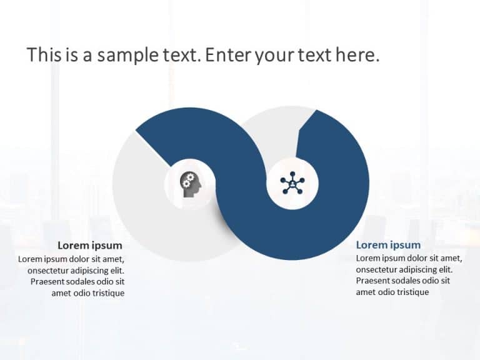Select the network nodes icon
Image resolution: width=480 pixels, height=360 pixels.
292,184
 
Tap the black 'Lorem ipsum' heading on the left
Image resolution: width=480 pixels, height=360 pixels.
89,245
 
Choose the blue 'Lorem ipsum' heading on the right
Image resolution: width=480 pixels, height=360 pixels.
388,245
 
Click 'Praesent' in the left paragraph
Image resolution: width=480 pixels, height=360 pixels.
49,282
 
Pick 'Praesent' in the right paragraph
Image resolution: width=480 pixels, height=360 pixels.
374,281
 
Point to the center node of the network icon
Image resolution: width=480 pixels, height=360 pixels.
292,184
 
